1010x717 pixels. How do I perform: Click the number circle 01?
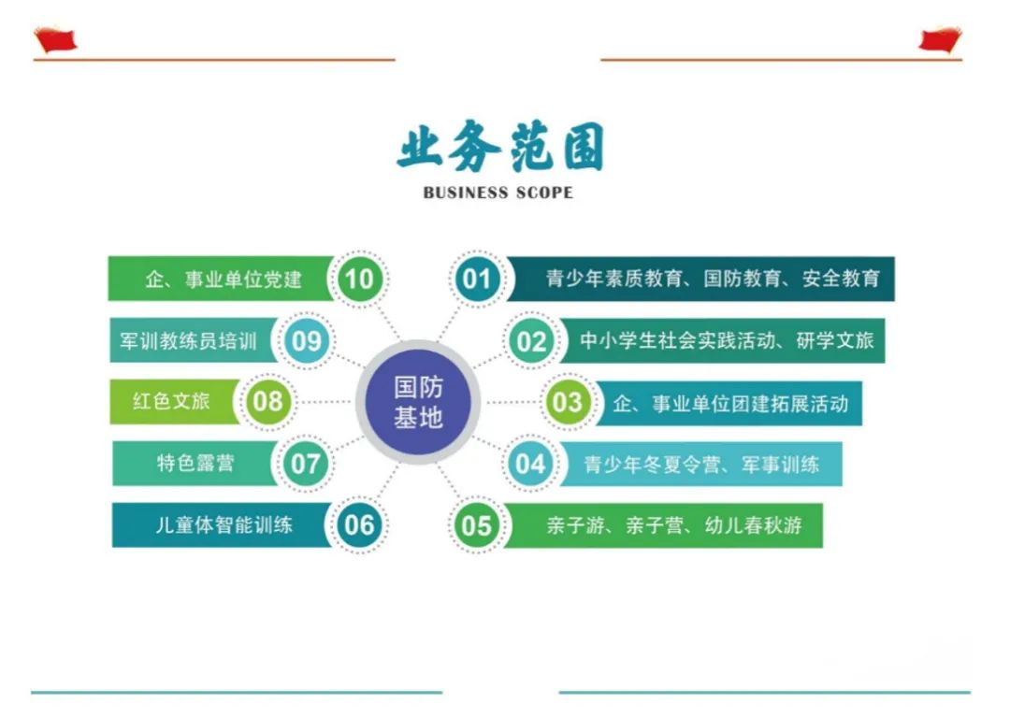[476, 279]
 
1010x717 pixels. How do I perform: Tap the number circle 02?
[531, 341]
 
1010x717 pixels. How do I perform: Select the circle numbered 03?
[566, 403]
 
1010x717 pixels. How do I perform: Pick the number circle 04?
[530, 464]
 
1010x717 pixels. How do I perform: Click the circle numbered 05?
[476, 525]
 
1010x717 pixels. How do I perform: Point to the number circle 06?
[359, 525]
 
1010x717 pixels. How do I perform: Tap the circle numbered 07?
[306, 464]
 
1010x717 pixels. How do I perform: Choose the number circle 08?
[267, 402]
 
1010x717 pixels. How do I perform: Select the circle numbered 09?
[306, 341]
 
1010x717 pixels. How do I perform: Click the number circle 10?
[359, 279]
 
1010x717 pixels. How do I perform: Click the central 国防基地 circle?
[418, 402]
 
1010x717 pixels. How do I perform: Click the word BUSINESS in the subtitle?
[465, 194]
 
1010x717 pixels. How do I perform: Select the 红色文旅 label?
[171, 402]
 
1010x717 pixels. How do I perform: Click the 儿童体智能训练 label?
[224, 525]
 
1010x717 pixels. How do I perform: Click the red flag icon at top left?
[55, 39]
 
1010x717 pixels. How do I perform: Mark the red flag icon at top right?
[940, 39]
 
